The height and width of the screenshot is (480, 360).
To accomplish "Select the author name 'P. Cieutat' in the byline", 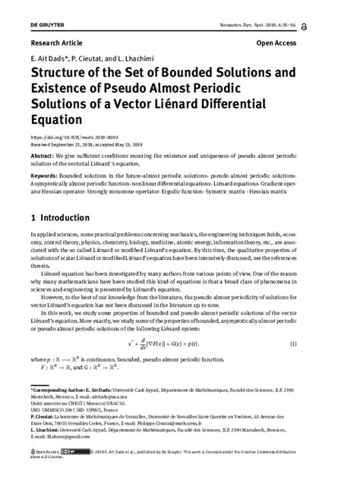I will pyautogui.click(x=96, y=58).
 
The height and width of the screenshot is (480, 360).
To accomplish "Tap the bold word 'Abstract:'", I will pyautogui.click(x=44, y=153).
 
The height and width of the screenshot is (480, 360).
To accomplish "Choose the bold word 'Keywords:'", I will pyautogui.click(x=46, y=176).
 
